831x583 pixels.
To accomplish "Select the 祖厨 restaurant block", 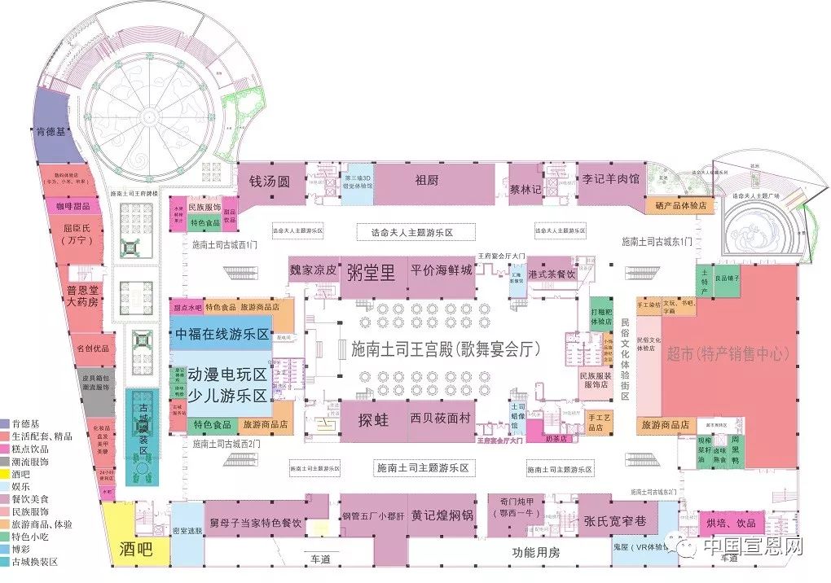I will coord(427,181).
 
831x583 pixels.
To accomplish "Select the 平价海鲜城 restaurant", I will coord(442,271).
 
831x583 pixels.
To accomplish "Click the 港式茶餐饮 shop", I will coord(552,274).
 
